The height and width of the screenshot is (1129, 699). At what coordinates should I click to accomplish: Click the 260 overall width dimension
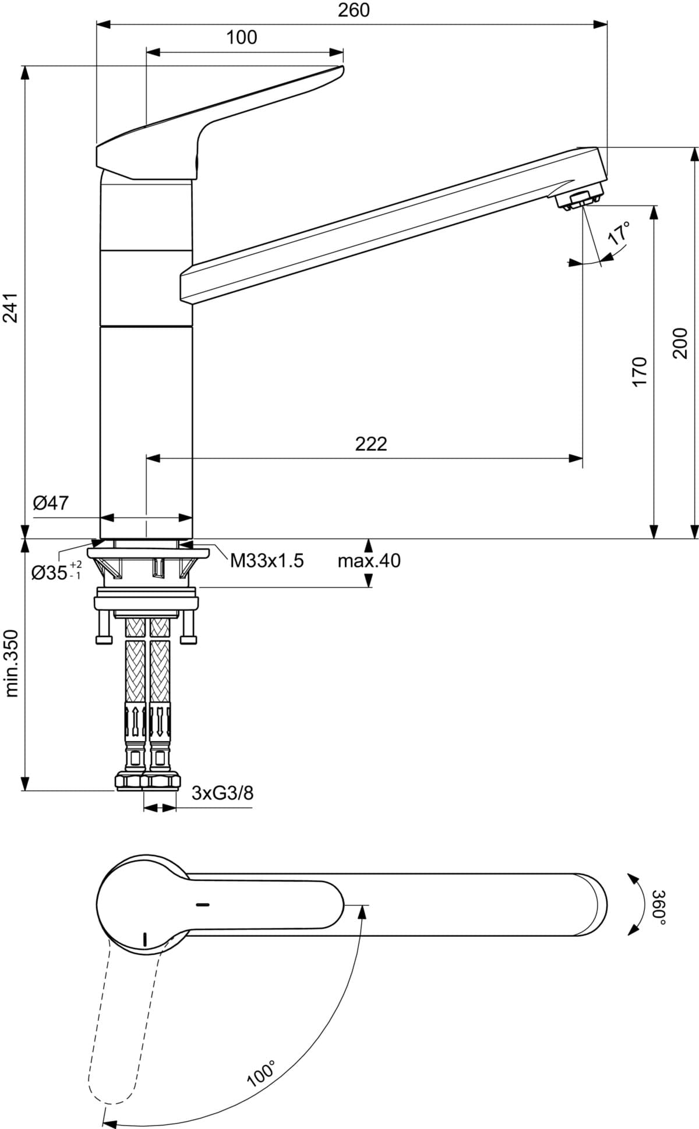354,10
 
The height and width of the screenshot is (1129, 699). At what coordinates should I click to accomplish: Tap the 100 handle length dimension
241,37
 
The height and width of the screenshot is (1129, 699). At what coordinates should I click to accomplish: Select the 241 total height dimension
13,306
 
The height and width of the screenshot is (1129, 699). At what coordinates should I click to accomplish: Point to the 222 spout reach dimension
371,444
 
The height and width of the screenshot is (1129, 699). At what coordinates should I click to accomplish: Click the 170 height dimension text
639,371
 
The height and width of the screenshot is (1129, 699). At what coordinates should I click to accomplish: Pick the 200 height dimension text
680,344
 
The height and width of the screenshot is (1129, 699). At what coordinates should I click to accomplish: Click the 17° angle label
619,232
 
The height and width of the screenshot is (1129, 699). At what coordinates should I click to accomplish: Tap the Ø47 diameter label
51,502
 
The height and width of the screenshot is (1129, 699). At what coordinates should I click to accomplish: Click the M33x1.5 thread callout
267,561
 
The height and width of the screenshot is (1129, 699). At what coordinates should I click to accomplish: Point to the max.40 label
369,561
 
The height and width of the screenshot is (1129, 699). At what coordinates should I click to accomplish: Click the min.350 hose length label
13,663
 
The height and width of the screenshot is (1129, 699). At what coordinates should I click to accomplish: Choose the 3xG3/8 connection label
223,793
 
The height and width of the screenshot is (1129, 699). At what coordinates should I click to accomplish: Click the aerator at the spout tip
578,200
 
